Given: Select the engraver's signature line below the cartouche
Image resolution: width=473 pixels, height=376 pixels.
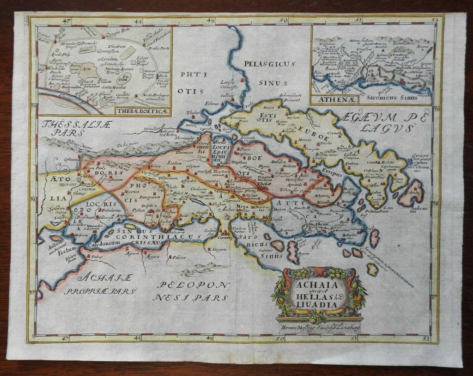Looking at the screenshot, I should (319, 326).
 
